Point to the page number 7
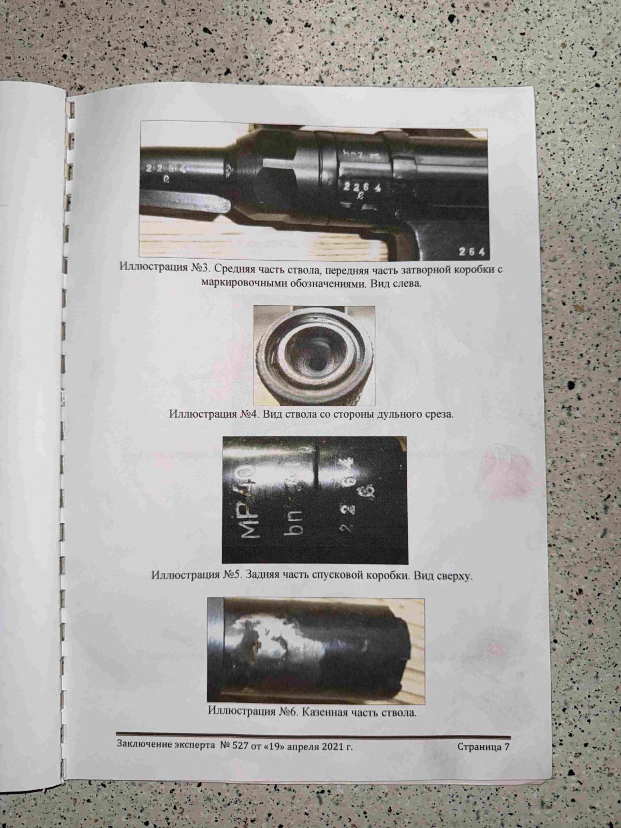[507, 735]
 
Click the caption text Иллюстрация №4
[213, 414]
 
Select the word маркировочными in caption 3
[243, 283]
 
